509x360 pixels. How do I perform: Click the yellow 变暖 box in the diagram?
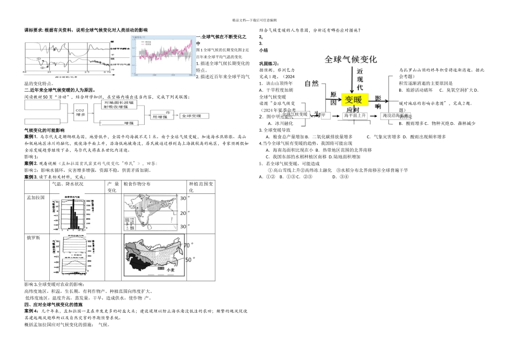pos(354,100)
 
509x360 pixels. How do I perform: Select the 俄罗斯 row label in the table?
pos(33,237)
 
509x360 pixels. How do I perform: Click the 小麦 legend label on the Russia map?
pos(171,271)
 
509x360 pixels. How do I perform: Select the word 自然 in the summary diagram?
pos(311,83)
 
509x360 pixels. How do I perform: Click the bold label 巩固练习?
pos(269,63)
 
